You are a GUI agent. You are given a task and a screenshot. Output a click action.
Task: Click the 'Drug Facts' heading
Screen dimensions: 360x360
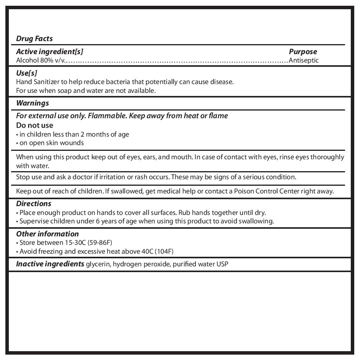(x=34, y=38)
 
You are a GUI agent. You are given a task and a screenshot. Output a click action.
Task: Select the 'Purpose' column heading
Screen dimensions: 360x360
(x=303, y=51)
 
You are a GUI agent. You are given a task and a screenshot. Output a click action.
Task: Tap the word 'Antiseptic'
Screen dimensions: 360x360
(x=304, y=60)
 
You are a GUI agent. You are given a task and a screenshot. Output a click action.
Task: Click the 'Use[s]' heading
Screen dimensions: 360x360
(x=26, y=73)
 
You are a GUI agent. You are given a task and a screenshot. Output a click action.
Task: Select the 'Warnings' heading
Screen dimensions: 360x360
(x=33, y=103)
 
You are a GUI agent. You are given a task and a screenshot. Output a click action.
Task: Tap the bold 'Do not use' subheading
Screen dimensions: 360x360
(x=35, y=125)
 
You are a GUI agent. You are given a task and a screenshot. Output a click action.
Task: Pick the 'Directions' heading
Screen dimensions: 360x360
(x=33, y=203)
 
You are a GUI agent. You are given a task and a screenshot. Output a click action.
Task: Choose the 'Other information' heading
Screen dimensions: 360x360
(x=47, y=234)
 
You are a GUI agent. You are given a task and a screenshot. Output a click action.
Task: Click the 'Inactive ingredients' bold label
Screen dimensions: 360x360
(x=50, y=264)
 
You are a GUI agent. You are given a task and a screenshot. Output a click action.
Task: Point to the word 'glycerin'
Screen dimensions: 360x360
(x=97, y=264)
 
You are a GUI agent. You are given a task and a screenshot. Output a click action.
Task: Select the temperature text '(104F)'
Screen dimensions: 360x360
(x=164, y=251)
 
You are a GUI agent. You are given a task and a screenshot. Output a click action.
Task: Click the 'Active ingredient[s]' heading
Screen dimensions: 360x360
(x=50, y=51)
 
